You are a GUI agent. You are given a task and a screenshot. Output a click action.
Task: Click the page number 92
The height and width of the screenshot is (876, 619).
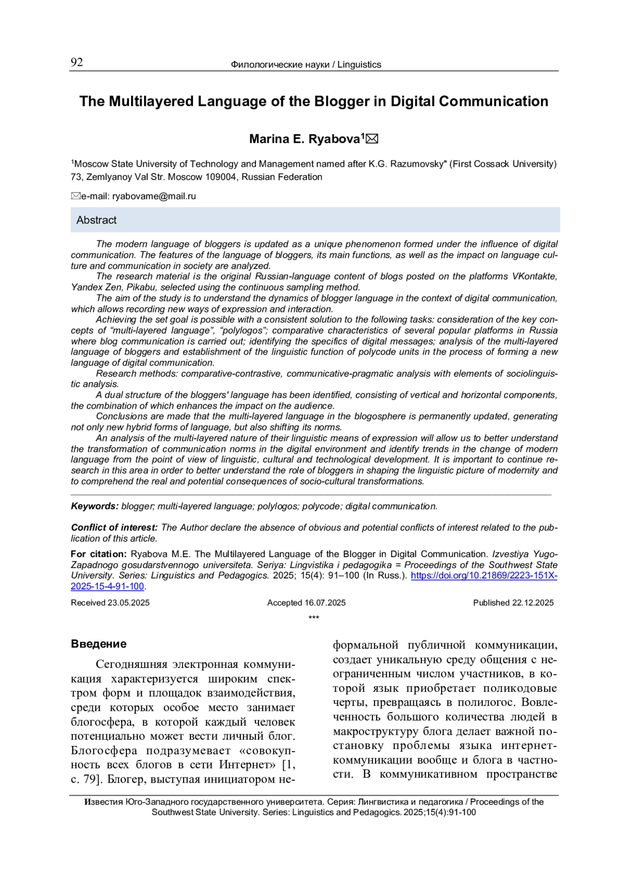[77, 63]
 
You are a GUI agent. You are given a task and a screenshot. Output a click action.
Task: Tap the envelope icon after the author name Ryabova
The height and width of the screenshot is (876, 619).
[372, 139]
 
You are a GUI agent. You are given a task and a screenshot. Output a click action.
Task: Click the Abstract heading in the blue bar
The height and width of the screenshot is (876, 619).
[96, 220]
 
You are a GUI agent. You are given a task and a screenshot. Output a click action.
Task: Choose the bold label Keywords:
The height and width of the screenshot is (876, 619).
[95, 507]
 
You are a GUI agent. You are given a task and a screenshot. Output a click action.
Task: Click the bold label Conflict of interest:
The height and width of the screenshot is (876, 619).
[114, 528]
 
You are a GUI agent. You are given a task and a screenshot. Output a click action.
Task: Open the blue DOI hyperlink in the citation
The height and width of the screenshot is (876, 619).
[483, 576]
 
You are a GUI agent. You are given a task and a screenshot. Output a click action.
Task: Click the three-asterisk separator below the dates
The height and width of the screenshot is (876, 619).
[314, 618]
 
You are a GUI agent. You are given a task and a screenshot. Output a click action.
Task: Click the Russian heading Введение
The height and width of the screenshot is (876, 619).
[99, 644]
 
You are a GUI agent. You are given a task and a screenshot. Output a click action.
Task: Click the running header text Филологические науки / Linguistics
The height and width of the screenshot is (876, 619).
[306, 64]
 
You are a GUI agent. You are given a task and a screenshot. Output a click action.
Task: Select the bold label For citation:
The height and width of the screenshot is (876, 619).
[99, 554]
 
